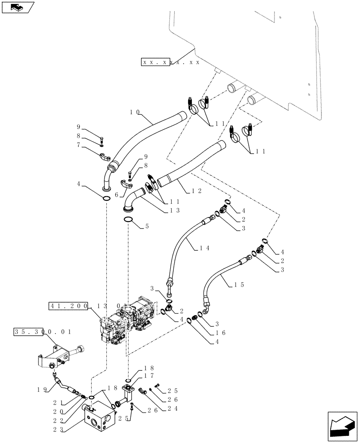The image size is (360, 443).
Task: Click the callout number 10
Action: pos(134,113)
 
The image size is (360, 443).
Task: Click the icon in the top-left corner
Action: pos(17,7)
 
